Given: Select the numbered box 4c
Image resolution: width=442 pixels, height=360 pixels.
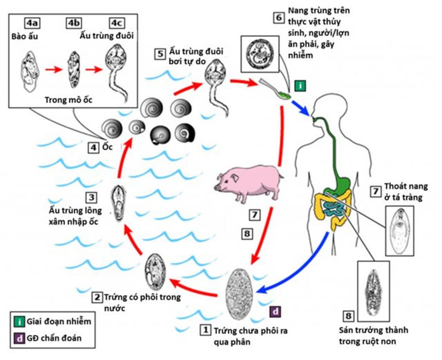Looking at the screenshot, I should [x=117, y=23].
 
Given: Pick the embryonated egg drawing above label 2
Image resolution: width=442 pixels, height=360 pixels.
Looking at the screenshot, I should [x=155, y=272].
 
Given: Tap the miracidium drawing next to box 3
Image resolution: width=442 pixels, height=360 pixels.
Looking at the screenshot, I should [x=118, y=203].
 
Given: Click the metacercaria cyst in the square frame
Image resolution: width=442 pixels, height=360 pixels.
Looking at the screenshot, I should [x=260, y=54].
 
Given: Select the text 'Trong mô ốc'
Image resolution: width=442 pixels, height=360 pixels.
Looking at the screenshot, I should [x=69, y=100].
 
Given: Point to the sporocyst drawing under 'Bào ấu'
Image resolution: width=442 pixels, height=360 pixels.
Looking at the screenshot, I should [x=29, y=71].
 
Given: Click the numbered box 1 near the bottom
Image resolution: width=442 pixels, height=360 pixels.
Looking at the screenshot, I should [x=205, y=331].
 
